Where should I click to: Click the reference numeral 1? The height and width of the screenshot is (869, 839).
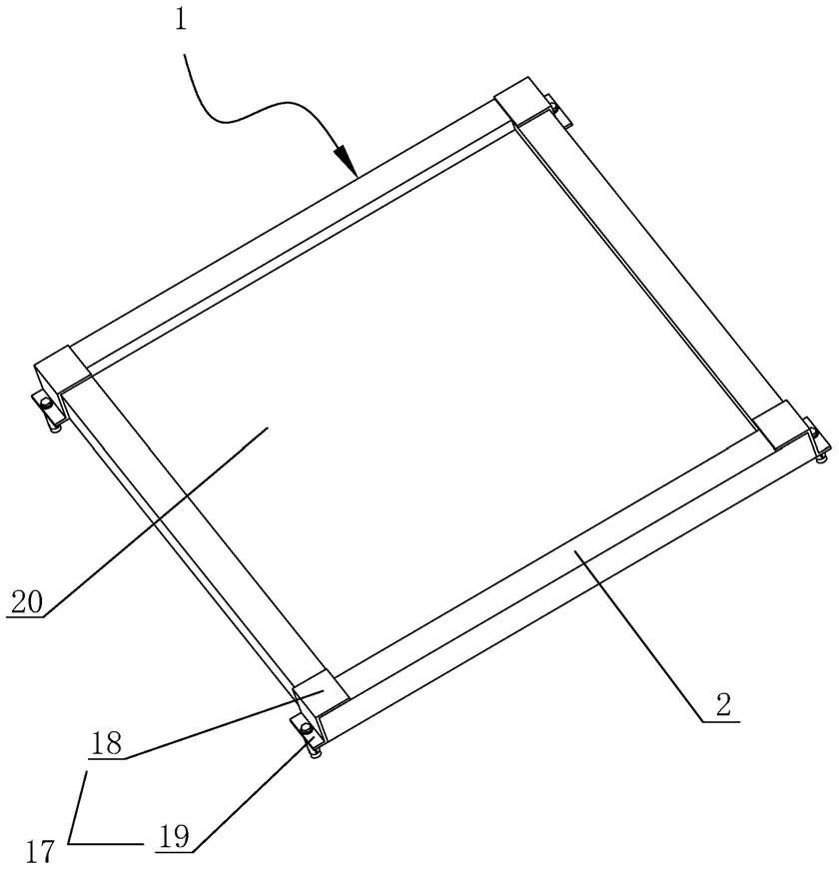pyautogui.click(x=181, y=19)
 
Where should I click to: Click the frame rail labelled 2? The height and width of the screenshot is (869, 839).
pyautogui.click(x=559, y=559)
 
